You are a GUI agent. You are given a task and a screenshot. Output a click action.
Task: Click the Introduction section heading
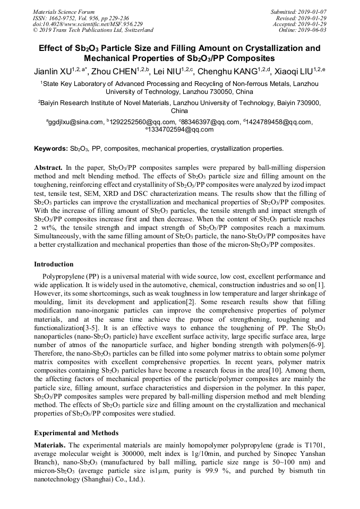click(54, 264)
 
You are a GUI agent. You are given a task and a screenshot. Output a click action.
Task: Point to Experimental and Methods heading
click(76, 433)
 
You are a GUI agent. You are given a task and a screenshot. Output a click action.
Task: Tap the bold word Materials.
click(50, 444)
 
